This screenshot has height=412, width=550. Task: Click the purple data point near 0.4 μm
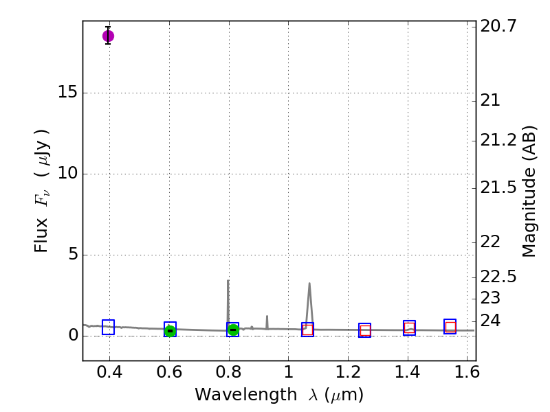click(108, 36)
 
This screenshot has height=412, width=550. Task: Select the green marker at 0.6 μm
click(170, 330)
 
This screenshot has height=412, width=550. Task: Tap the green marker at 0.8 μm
click(233, 330)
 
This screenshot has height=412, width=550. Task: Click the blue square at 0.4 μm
click(108, 327)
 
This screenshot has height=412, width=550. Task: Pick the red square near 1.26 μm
click(365, 330)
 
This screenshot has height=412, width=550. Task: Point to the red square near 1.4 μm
click(410, 328)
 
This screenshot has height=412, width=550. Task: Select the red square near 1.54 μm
click(450, 327)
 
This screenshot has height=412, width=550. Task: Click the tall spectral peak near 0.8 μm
click(228, 281)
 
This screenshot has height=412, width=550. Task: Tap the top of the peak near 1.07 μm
click(309, 284)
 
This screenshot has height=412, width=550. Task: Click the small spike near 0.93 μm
click(267, 317)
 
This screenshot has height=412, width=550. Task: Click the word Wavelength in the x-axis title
click(234, 395)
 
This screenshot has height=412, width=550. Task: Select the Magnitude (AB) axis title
click(529, 191)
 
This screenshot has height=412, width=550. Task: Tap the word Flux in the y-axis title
click(42, 236)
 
